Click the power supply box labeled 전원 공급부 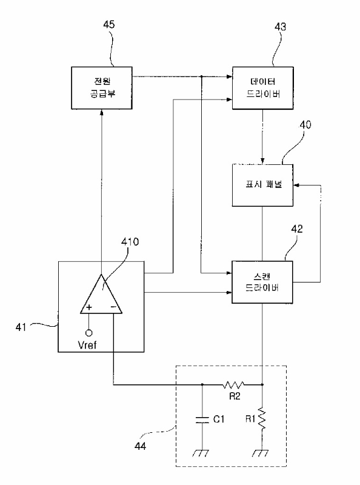(102, 88)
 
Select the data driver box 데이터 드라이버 (262, 88)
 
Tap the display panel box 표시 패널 (262, 185)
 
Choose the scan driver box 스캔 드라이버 (262, 282)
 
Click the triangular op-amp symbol (101, 294)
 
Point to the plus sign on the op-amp (89, 307)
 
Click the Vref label (87, 345)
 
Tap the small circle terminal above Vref (88, 333)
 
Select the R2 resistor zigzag (233, 385)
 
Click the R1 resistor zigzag (262, 418)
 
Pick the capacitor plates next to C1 (202, 419)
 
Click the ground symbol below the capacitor (201, 453)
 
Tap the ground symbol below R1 (261, 453)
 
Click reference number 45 (108, 24)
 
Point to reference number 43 (281, 27)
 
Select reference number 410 (130, 241)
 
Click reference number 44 (140, 446)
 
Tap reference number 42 (297, 229)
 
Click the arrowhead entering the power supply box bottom (102, 112)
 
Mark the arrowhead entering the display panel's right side (296, 185)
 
